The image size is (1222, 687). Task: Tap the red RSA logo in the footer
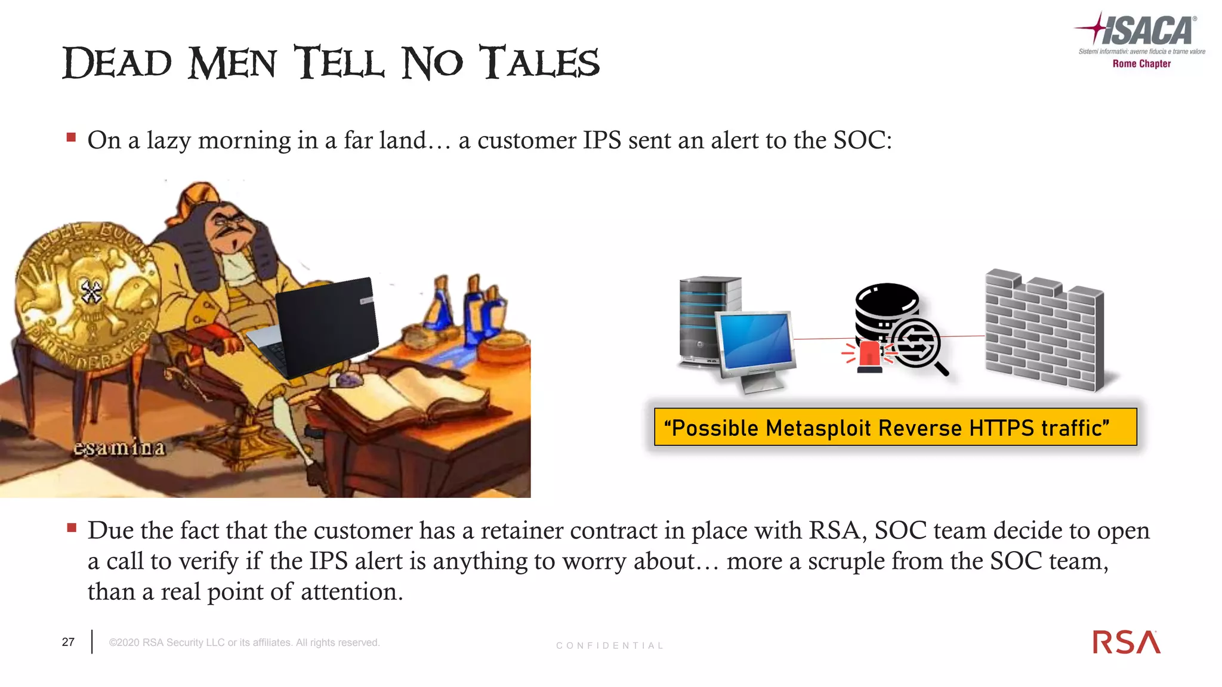coord(1127,642)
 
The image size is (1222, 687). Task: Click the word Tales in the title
coord(540,63)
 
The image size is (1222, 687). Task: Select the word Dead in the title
coord(118,63)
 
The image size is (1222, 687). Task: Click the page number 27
coord(68,642)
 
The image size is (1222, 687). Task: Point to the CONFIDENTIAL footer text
coord(609,646)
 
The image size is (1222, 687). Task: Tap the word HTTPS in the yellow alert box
coord(1001,428)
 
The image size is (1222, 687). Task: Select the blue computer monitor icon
coord(757,342)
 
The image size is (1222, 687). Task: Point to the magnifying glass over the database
coord(919,346)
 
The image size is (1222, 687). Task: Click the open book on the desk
coord(412,394)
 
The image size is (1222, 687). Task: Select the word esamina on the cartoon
coord(119,448)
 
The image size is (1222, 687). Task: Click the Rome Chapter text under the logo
coord(1141,64)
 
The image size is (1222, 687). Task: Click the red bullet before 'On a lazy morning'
coord(72,138)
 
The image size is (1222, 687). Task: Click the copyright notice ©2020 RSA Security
coord(244,642)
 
